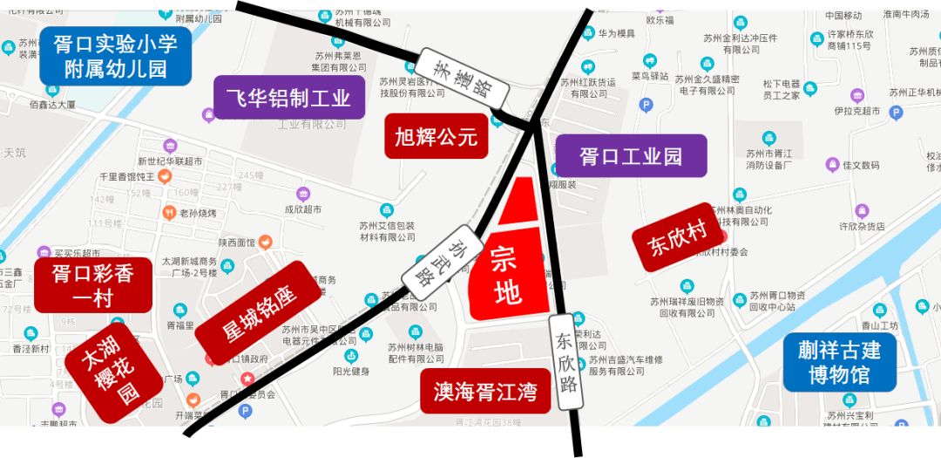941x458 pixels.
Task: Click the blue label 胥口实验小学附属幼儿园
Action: (x=115, y=56)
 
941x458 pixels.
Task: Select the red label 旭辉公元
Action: (x=437, y=136)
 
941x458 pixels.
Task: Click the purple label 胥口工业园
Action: (x=631, y=157)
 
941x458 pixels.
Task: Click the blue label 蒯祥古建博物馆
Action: (x=839, y=362)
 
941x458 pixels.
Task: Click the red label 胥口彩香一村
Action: (x=92, y=285)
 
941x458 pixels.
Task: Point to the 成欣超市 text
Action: (x=303, y=209)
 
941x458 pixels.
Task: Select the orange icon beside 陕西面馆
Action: (x=266, y=242)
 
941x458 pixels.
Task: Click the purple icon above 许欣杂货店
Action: (x=862, y=210)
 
